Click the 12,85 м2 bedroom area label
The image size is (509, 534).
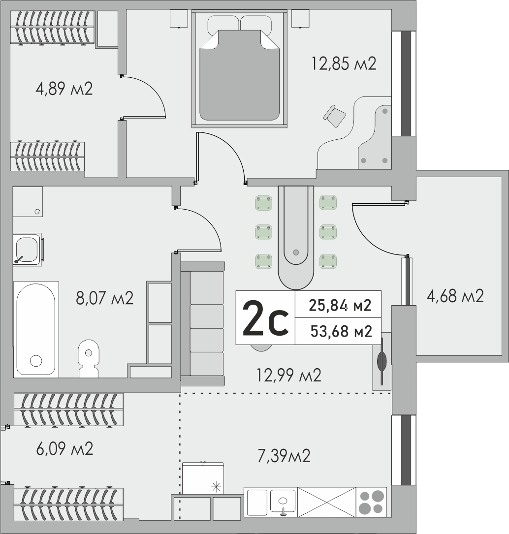click(344, 63)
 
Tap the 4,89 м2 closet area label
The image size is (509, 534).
click(64, 89)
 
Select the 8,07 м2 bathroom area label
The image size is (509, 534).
click(104, 298)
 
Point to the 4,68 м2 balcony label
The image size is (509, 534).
click(455, 296)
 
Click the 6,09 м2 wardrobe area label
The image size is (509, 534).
click(64, 448)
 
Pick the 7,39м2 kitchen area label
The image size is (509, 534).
click(284, 456)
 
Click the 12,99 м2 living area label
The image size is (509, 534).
click(289, 376)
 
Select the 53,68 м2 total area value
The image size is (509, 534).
click(341, 331)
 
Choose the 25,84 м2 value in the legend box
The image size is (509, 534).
click(340, 305)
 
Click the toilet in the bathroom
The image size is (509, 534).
click(89, 358)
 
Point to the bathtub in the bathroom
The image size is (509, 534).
click(36, 329)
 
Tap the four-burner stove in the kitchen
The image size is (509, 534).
click(371, 503)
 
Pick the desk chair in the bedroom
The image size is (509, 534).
click(335, 116)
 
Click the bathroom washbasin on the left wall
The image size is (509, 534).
click(27, 250)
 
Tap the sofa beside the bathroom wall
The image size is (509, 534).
click(203, 323)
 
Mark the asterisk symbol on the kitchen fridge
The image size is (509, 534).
click(216, 487)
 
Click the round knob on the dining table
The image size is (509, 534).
click(296, 252)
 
